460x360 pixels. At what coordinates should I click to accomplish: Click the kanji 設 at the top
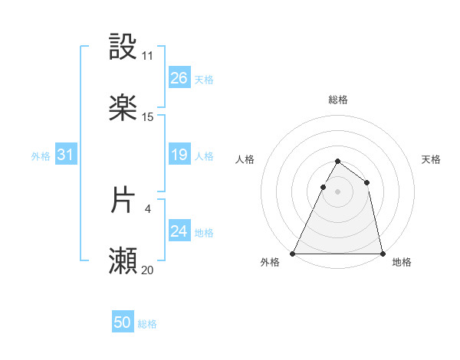coord(123,47)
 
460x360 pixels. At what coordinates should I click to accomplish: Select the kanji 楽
coord(123,108)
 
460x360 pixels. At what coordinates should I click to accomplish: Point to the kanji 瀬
coord(123,260)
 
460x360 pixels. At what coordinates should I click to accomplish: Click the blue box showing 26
coord(179,78)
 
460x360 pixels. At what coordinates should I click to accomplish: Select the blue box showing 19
coord(179,155)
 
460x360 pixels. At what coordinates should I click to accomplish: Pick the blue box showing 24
coord(179,231)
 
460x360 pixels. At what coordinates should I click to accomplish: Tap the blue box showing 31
coord(66,155)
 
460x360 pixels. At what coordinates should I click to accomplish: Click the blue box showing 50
coord(123,323)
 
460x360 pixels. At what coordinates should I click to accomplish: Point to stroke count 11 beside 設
coord(147,56)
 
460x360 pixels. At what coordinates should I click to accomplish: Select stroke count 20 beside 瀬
coord(147,270)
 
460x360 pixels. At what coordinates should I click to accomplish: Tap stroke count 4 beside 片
coord(147,208)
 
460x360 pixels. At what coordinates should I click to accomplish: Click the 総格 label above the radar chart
coord(338,100)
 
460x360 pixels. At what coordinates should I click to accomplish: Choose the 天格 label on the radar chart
coord(431,159)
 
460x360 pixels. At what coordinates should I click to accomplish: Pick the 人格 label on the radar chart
coord(245,159)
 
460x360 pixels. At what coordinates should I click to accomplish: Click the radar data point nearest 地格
coord(382,253)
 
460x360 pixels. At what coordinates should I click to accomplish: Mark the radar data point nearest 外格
coord(293,253)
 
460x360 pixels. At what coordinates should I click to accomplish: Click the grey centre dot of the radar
coord(337,191)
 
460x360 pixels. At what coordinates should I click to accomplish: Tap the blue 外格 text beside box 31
coord(41,155)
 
